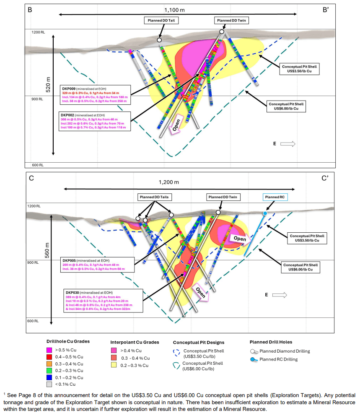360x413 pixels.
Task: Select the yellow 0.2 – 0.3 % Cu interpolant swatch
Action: pos(114,365)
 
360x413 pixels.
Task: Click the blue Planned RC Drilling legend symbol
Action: pos(253,359)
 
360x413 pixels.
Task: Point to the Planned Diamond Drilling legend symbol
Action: pos(253,351)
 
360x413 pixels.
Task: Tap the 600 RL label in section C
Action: pos(34,321)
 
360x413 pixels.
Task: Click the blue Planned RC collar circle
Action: pos(265,213)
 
